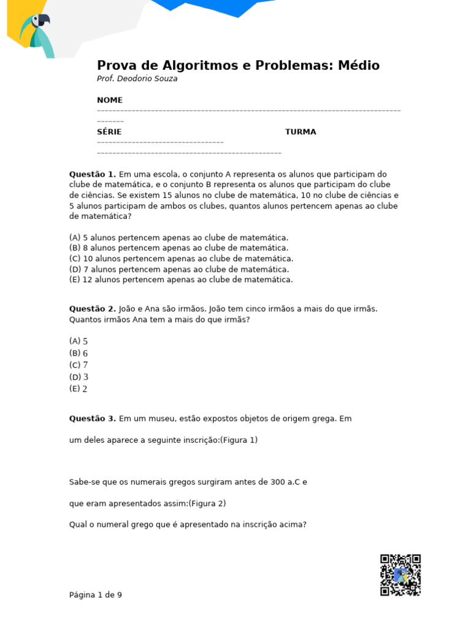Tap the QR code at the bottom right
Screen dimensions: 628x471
400,575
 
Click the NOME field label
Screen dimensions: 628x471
110,100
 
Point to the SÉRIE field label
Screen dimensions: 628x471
109,132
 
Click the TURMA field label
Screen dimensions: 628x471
301,132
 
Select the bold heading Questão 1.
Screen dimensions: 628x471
92,174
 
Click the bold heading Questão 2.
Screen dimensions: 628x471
92,308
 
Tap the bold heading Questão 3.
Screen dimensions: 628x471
92,419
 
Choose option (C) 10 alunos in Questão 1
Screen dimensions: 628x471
181,259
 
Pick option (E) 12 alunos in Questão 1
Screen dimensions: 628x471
181,280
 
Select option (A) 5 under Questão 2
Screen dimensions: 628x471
78,341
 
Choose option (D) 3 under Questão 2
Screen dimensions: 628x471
78,377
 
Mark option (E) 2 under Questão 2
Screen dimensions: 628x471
78,389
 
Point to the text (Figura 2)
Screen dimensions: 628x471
207,504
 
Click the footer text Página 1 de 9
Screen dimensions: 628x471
96,595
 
